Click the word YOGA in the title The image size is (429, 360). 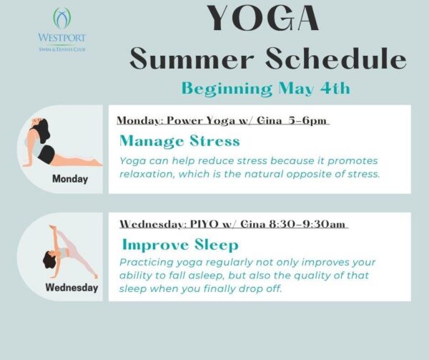[x=263, y=18]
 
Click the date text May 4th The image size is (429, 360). [x=314, y=89]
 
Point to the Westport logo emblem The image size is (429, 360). [x=61, y=19]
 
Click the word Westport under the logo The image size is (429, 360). [x=61, y=37]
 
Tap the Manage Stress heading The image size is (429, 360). [x=179, y=141]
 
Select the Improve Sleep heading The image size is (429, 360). [x=180, y=245]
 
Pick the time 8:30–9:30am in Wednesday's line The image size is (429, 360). [x=307, y=224]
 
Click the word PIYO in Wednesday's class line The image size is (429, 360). [x=204, y=224]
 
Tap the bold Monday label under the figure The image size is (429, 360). [x=70, y=179]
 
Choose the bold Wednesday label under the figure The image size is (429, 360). [x=71, y=288]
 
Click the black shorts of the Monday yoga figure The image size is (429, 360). [x=46, y=155]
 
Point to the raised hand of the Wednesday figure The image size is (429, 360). [x=52, y=227]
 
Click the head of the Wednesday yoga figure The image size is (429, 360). [x=49, y=260]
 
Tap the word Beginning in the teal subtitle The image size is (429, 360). [x=227, y=89]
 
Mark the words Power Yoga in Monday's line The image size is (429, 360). [x=201, y=120]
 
